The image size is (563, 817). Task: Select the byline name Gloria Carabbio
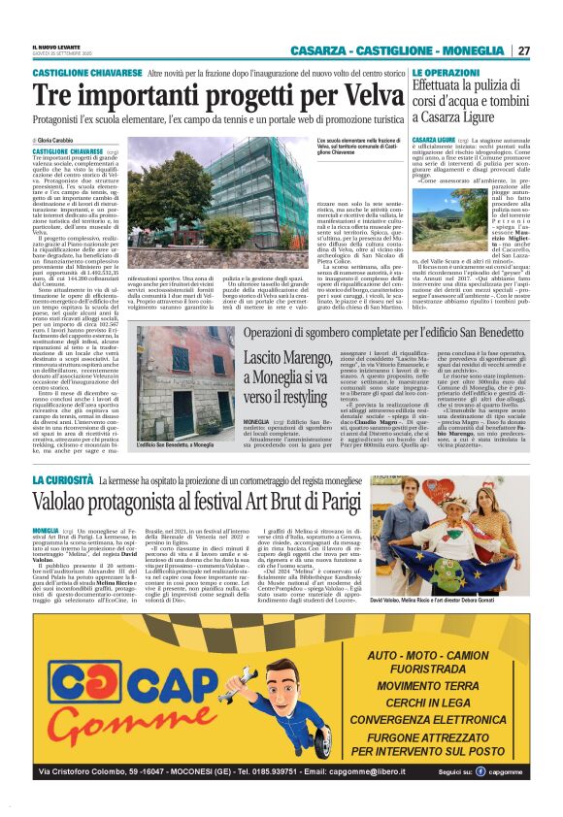pyautogui.click(x=61, y=141)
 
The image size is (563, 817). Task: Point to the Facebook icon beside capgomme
pyautogui.click(x=480, y=771)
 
